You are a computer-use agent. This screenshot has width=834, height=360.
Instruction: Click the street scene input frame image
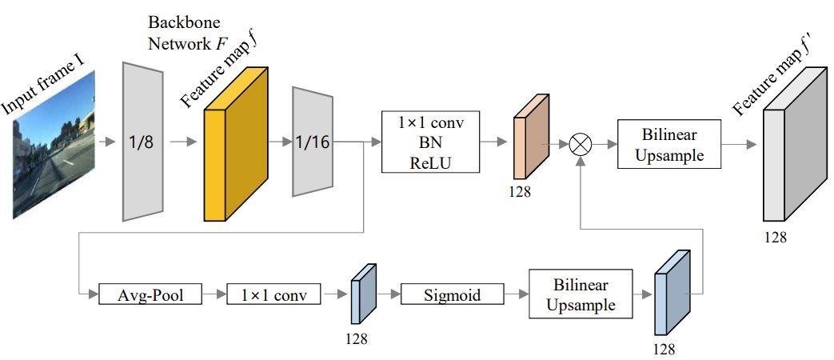54,144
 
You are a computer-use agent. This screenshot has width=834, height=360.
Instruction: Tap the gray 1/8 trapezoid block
143,142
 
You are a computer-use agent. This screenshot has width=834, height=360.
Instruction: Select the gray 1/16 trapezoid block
313,142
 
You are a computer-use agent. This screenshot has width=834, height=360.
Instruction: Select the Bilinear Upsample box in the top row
668,145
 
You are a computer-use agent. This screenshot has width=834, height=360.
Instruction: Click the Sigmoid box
453,295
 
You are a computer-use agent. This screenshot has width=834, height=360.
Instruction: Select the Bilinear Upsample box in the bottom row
580,295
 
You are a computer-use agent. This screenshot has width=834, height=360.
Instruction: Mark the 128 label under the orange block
519,192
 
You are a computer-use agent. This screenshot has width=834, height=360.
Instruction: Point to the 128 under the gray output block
776,238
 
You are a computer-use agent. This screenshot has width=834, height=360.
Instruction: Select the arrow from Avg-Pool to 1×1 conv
213,295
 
